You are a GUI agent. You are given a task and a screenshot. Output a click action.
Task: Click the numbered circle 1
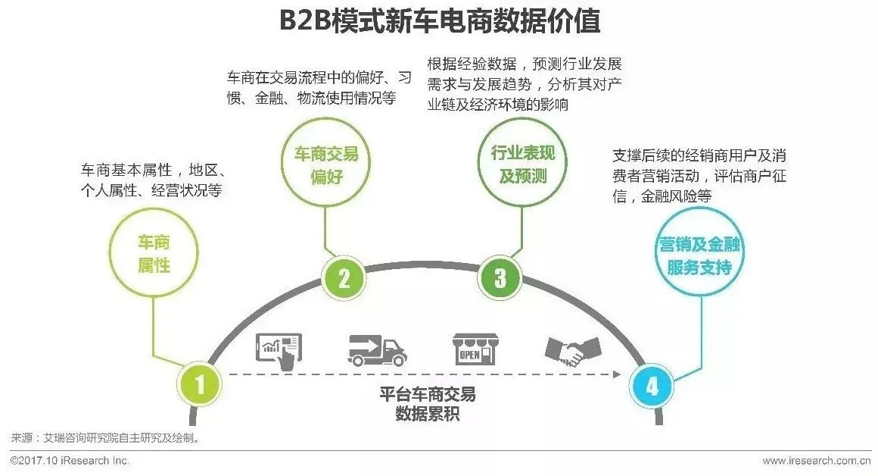pyautogui.click(x=200, y=387)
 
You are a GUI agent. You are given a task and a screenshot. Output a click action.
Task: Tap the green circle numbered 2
pyautogui.click(x=344, y=279)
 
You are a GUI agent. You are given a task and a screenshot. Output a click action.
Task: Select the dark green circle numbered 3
pyautogui.click(x=500, y=278)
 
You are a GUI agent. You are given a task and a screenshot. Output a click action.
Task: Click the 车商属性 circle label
pyautogui.click(x=154, y=254)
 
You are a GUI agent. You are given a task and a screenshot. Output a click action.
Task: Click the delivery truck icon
pyautogui.click(x=376, y=350)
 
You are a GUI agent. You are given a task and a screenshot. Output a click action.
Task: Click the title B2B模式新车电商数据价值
pyautogui.click(x=439, y=21)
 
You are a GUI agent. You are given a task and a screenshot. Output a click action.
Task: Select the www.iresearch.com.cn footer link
pyautogui.click(x=816, y=461)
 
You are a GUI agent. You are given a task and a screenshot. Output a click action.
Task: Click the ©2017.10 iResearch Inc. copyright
pyautogui.click(x=70, y=461)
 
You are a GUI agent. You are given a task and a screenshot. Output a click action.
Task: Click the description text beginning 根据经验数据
pyautogui.click(x=524, y=84)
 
